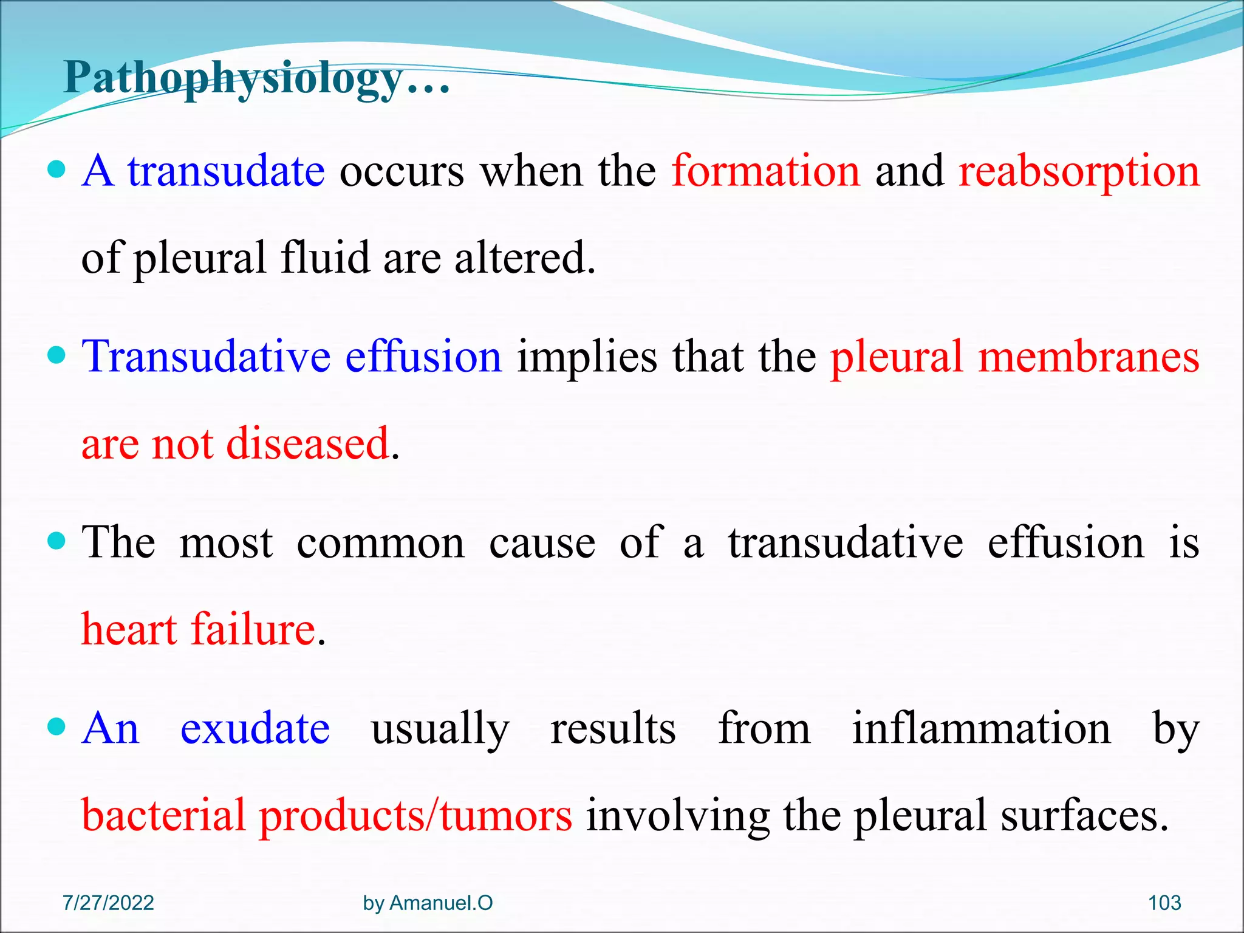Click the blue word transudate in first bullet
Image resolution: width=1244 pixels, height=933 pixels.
(x=226, y=172)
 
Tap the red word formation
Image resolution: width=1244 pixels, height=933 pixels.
(x=766, y=172)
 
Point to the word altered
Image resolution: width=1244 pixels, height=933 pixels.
(x=524, y=258)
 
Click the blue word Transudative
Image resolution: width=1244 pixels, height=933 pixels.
(x=206, y=357)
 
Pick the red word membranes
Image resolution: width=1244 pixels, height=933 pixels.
(x=1088, y=357)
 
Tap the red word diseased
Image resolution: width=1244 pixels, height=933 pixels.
(x=307, y=443)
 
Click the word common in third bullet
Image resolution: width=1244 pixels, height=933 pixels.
(x=380, y=542)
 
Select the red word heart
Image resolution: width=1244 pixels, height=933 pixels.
(x=129, y=629)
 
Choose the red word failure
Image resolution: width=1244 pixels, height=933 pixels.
(x=253, y=629)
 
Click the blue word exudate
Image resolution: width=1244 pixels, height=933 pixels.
(x=255, y=728)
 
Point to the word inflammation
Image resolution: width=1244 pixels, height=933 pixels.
(x=981, y=728)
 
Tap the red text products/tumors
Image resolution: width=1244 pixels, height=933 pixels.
(x=415, y=816)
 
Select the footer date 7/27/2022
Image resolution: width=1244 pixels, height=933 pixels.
(x=108, y=903)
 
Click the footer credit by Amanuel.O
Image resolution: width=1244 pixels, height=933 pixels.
(x=428, y=903)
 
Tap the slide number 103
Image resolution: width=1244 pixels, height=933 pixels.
(x=1164, y=903)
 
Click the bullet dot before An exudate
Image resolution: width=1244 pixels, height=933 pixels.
(x=56, y=726)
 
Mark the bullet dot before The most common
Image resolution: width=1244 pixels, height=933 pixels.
(x=56, y=540)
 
